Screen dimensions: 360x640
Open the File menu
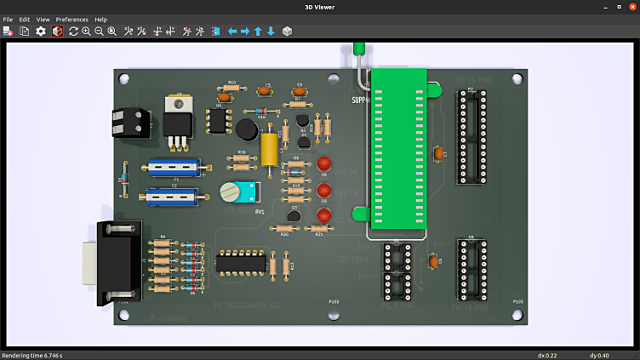(8, 19)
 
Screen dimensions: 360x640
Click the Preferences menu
(71, 19)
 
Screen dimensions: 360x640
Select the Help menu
(100, 19)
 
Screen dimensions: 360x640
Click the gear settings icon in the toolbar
(40, 31)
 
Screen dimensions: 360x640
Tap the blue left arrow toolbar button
(231, 31)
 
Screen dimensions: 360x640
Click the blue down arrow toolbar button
(271, 31)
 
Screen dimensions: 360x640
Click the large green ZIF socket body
(399, 149)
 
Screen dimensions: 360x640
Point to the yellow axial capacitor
(270, 149)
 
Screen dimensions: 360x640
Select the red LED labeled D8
(323, 163)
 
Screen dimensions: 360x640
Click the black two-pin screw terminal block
(130, 122)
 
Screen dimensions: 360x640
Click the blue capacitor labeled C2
(173, 196)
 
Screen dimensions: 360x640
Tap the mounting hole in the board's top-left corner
(125, 79)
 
